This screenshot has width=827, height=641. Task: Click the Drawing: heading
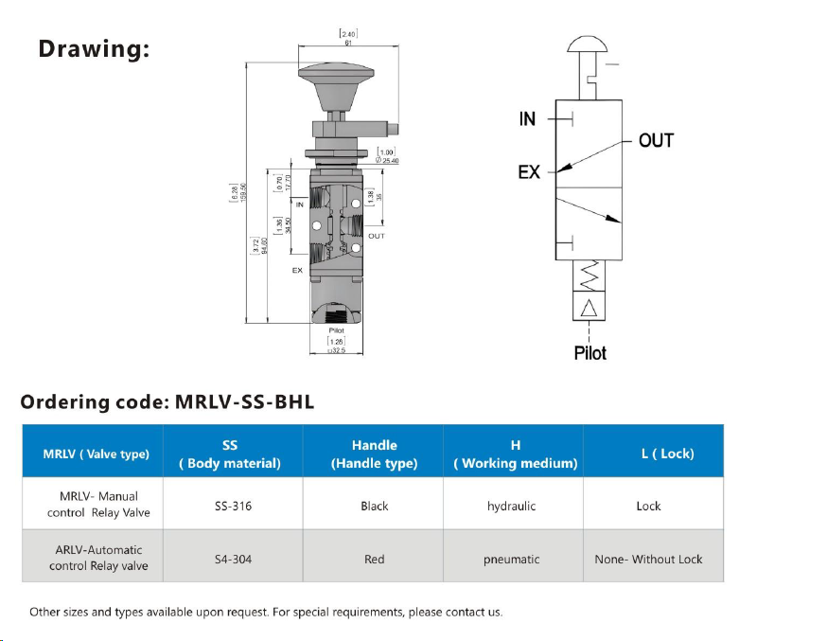tap(94, 48)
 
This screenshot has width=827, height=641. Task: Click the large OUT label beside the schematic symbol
tap(656, 140)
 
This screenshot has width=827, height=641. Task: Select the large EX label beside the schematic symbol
tap(529, 171)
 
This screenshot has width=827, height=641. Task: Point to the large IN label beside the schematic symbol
tap(527, 119)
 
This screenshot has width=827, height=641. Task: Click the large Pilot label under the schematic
tap(589, 353)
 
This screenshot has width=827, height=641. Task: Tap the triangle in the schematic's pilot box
tap(589, 308)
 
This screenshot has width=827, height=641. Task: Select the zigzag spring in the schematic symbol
tap(589, 276)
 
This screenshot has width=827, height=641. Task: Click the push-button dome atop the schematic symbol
tap(589, 45)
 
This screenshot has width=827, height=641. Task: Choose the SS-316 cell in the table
tap(233, 506)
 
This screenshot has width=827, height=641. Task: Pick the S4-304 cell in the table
tap(233, 559)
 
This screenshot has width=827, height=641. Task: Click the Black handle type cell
tap(374, 506)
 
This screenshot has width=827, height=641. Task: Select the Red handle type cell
tap(374, 559)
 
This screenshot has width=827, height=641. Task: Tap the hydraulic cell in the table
tap(512, 506)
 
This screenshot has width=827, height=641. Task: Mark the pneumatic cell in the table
tap(512, 559)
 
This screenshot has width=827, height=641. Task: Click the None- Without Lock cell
tap(648, 559)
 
